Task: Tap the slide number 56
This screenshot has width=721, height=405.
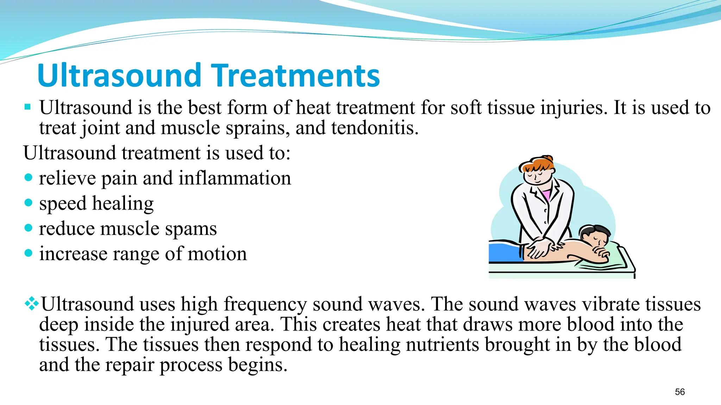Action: (680, 392)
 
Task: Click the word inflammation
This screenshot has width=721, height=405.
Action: (235, 178)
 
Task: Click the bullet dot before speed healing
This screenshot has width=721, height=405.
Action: (29, 202)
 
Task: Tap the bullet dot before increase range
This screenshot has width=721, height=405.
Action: (29, 253)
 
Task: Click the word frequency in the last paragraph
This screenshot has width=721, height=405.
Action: (265, 304)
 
